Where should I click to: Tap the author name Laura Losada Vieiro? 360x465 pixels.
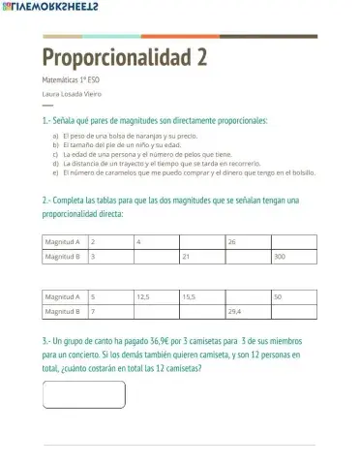pos(72,94)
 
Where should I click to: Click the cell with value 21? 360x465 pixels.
pos(201,258)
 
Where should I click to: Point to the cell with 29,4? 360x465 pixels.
pos(247,313)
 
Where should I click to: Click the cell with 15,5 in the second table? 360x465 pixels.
pos(201,296)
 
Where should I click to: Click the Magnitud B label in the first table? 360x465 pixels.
pos(64,258)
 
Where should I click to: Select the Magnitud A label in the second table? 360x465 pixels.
pos(64,296)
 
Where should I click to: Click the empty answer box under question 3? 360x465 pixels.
pos(84,395)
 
